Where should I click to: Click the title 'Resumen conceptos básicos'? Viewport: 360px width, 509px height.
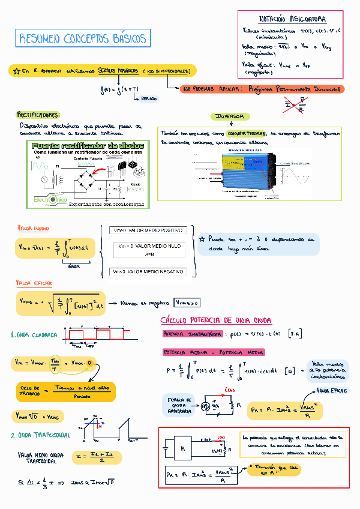[x=83, y=40]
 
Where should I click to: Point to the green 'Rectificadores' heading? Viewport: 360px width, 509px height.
[x=38, y=114]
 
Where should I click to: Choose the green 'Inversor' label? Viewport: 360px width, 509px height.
[x=230, y=116]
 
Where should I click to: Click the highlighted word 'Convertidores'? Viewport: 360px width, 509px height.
[x=247, y=133]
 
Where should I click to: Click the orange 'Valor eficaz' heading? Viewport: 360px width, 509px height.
[x=34, y=283]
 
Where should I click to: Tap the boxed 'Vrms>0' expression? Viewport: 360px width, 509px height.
[x=187, y=303]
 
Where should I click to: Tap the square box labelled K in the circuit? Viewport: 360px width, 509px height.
[x=182, y=448]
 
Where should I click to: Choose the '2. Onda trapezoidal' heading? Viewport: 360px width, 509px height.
[x=40, y=435]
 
